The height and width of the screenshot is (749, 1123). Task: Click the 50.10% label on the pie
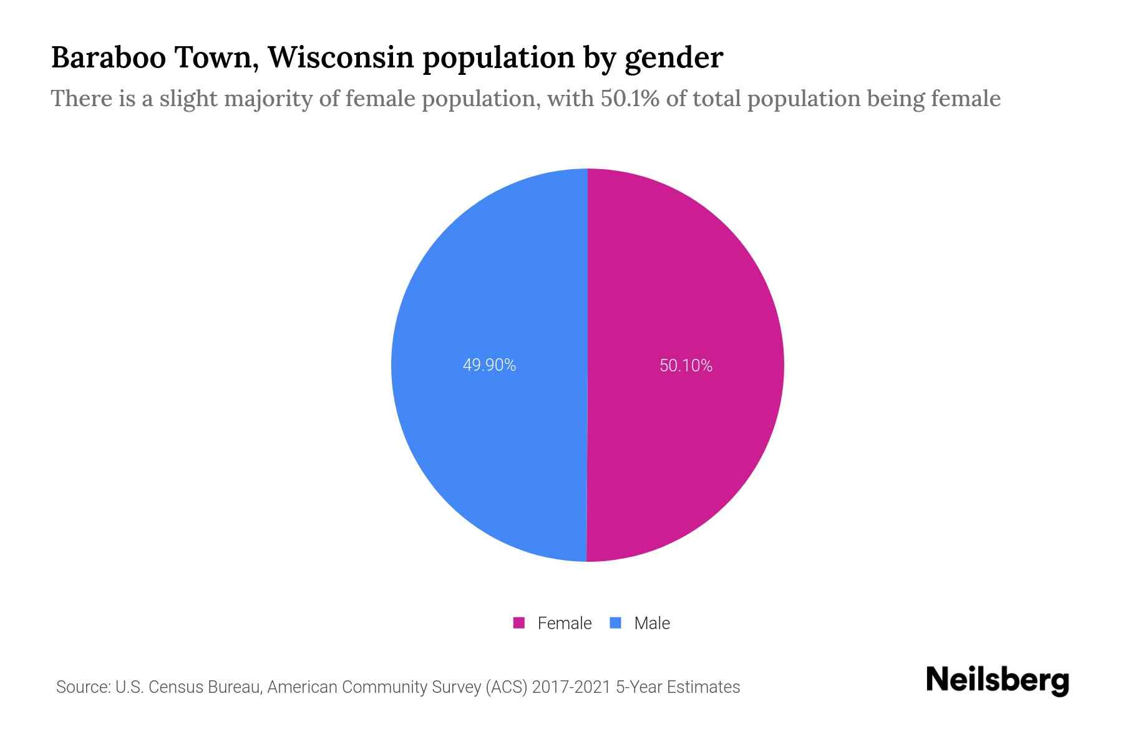(686, 366)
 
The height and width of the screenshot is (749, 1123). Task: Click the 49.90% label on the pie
(489, 365)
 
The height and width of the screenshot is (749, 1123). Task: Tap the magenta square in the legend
(518, 623)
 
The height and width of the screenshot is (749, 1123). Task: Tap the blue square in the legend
(616, 623)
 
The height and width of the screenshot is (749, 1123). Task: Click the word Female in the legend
(564, 623)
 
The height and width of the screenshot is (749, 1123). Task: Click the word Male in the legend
(652, 623)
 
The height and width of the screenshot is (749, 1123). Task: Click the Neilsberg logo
(997, 680)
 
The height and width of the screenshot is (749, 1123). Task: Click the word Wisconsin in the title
(341, 57)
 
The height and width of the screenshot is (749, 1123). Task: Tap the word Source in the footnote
(82, 687)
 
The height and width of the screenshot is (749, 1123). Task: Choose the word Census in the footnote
(176, 687)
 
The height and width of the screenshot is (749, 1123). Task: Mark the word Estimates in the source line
(703, 687)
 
